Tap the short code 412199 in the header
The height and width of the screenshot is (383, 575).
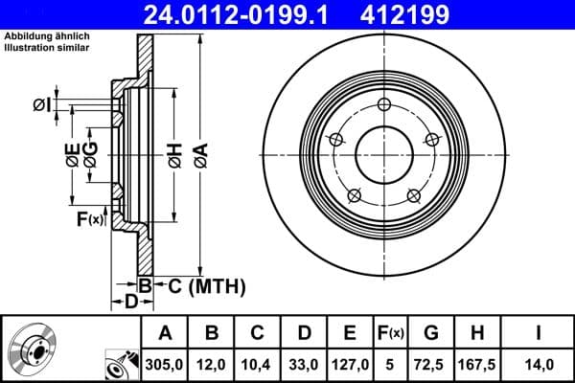point(431,14)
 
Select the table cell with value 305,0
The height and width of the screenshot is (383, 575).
point(165,365)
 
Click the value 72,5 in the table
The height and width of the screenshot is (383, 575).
point(430,365)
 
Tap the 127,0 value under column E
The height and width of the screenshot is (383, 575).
point(350,365)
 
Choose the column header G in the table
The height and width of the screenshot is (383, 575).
point(430,333)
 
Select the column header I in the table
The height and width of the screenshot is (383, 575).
point(538,333)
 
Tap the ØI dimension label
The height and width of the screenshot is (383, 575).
point(41,105)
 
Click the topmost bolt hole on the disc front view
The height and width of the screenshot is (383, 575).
point(384,105)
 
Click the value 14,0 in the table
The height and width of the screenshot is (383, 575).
point(538,365)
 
